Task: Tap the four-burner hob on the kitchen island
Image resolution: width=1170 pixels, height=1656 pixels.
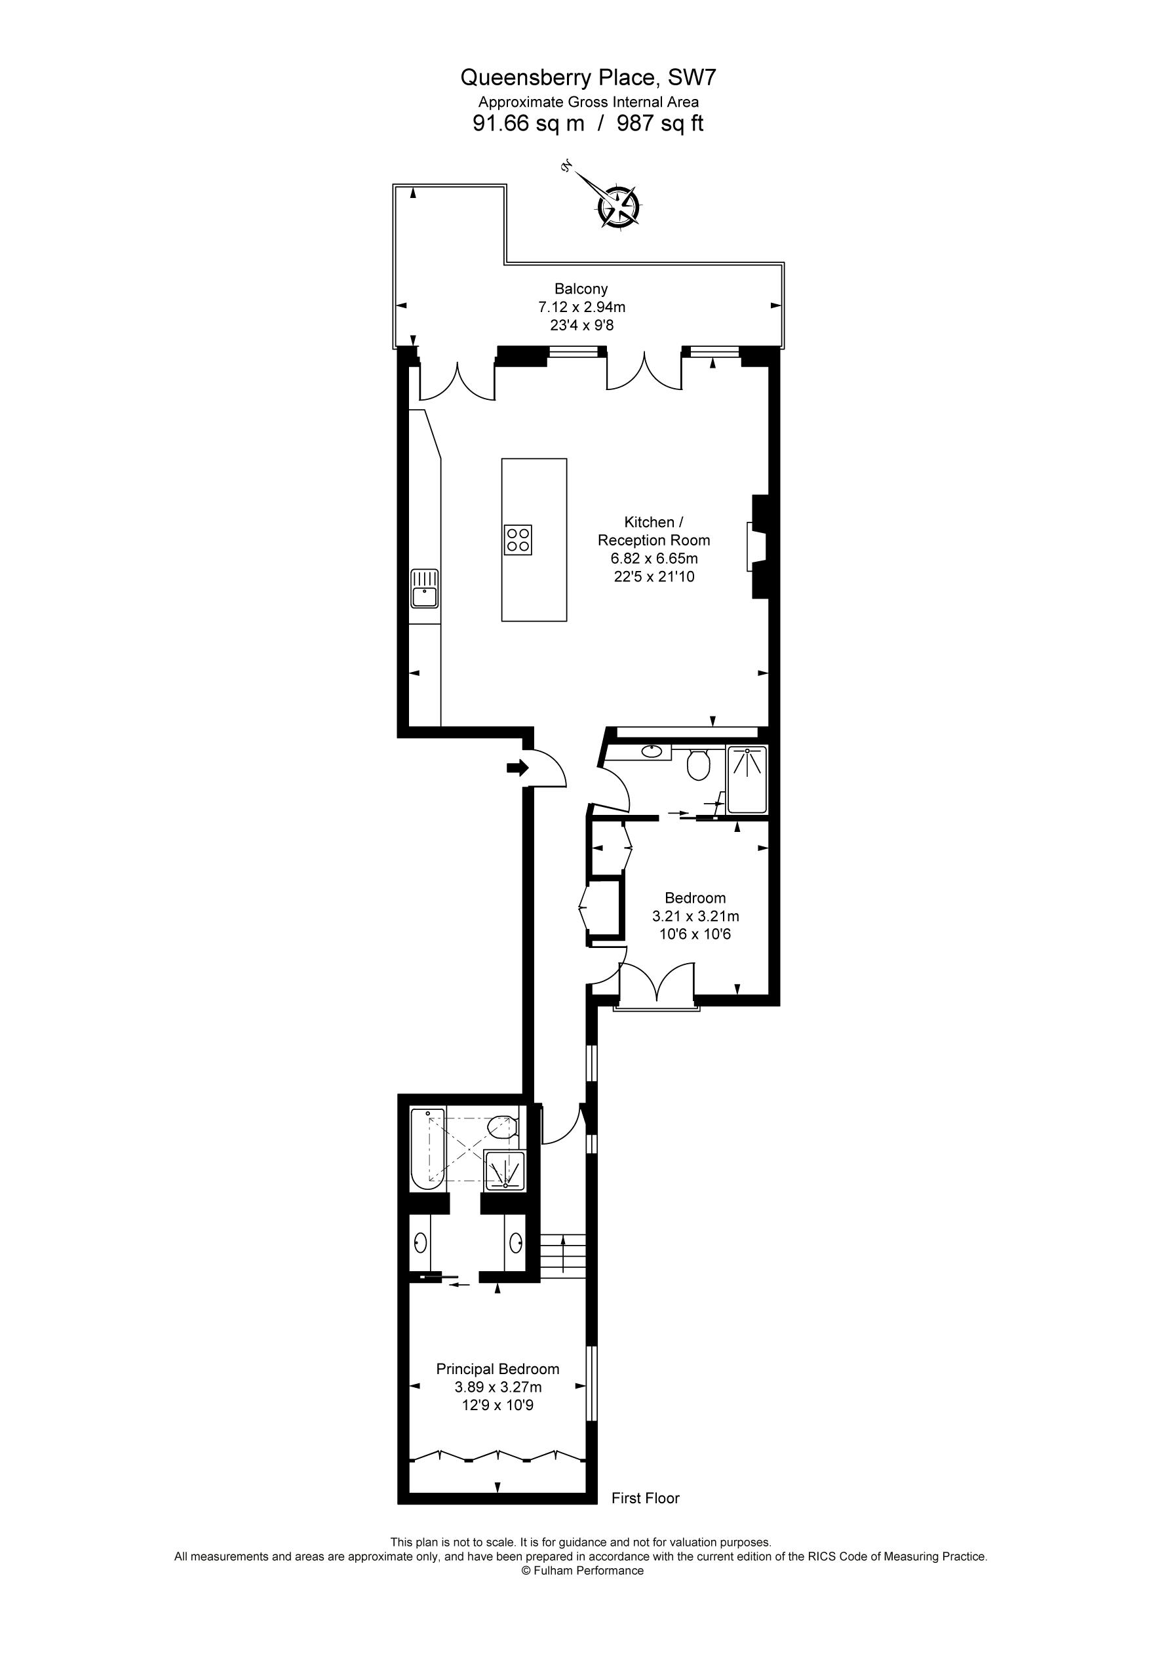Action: click(518, 540)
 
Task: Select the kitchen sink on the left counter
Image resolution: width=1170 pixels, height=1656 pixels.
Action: click(425, 589)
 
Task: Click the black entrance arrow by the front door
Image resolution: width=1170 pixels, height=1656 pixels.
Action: click(517, 768)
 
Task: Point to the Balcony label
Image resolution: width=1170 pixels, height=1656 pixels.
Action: click(581, 288)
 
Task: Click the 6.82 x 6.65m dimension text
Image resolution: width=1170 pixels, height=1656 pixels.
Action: click(653, 559)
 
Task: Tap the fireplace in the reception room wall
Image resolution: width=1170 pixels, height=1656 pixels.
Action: click(758, 547)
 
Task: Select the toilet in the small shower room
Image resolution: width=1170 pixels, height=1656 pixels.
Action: click(698, 765)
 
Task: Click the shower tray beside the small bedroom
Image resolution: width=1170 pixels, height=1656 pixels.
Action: click(747, 780)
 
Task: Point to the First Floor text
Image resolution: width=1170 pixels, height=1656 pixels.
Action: click(645, 1498)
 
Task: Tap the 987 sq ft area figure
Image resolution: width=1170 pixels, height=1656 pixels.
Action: click(659, 123)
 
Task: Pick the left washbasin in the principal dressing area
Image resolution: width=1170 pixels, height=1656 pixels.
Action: click(421, 1243)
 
